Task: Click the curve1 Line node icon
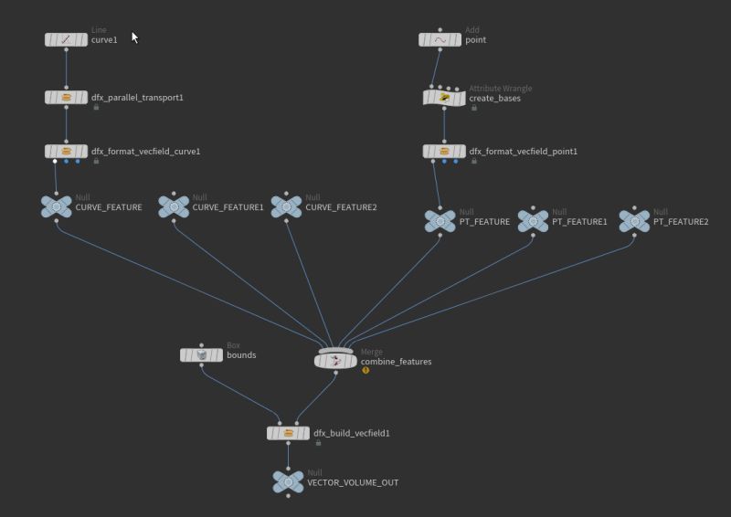pyautogui.click(x=66, y=39)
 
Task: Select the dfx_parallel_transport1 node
pyautogui.click(x=66, y=97)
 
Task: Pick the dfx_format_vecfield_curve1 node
pyautogui.click(x=66, y=151)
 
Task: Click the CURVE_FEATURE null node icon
pyautogui.click(x=57, y=206)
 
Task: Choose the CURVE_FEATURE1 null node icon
pyautogui.click(x=173, y=206)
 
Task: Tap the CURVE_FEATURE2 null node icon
pyautogui.click(x=287, y=206)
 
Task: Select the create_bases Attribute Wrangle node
pyautogui.click(x=444, y=97)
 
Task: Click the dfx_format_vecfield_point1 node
pyautogui.click(x=444, y=151)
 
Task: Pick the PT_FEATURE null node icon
pyautogui.click(x=440, y=221)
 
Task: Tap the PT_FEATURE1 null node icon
pyautogui.click(x=533, y=221)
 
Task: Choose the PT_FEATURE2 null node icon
pyautogui.click(x=634, y=221)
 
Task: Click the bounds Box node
pyautogui.click(x=201, y=354)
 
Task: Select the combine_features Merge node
pyautogui.click(x=335, y=361)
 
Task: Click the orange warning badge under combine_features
pyautogui.click(x=365, y=370)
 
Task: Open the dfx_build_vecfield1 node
pyautogui.click(x=288, y=433)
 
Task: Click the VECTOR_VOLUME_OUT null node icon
pyautogui.click(x=288, y=481)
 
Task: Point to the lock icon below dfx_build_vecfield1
pyautogui.click(x=318, y=443)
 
